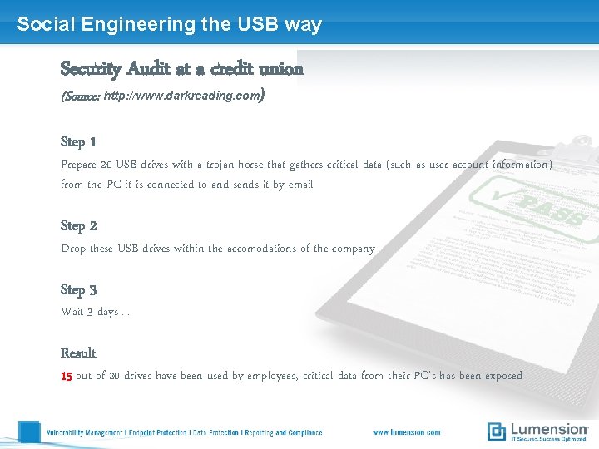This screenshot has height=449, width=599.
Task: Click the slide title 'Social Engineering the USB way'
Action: (x=169, y=24)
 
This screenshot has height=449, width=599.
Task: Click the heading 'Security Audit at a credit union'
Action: (x=182, y=68)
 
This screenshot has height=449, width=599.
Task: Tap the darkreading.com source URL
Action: (x=181, y=96)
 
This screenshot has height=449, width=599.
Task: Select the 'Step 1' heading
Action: (x=79, y=141)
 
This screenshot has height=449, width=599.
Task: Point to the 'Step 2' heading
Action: (x=79, y=225)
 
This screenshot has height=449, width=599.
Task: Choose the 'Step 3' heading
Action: (x=79, y=289)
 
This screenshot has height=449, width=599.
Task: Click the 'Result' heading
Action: (x=78, y=353)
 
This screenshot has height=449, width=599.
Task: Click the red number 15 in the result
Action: (x=67, y=376)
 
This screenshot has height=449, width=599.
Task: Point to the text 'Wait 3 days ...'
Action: (x=95, y=312)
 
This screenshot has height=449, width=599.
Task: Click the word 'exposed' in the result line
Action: (x=503, y=376)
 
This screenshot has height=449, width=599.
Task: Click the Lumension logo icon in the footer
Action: (x=497, y=431)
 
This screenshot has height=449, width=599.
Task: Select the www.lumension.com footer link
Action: (x=406, y=432)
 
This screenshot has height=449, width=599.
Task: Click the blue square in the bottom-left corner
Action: (x=29, y=432)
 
